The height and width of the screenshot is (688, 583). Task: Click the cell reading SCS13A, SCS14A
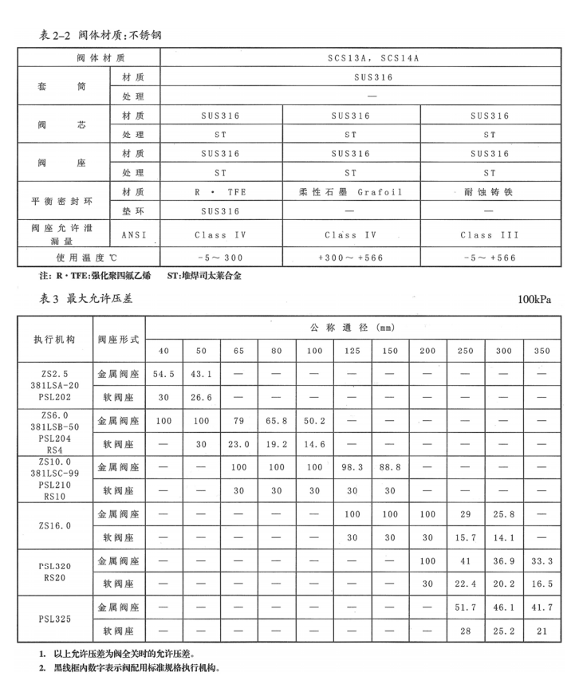click(x=356, y=58)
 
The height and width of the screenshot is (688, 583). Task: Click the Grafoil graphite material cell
click(x=350, y=192)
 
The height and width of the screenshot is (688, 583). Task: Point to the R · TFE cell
click(x=221, y=192)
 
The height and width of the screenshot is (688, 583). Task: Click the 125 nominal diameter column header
click(x=352, y=352)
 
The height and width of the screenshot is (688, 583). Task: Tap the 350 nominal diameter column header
click(x=542, y=352)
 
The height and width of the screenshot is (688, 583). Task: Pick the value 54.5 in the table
click(x=163, y=374)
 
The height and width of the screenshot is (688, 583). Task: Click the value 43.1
click(x=201, y=374)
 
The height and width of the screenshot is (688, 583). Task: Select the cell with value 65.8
click(x=277, y=419)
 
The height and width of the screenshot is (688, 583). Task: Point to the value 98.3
click(x=352, y=465)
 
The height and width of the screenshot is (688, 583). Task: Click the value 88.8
click(x=390, y=465)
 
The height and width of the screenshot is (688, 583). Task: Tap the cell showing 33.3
click(x=542, y=562)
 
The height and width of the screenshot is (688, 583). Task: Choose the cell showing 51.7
click(x=466, y=607)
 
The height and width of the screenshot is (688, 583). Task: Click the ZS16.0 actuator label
click(x=54, y=525)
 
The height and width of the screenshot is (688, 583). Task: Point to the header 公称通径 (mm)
click(x=353, y=328)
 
